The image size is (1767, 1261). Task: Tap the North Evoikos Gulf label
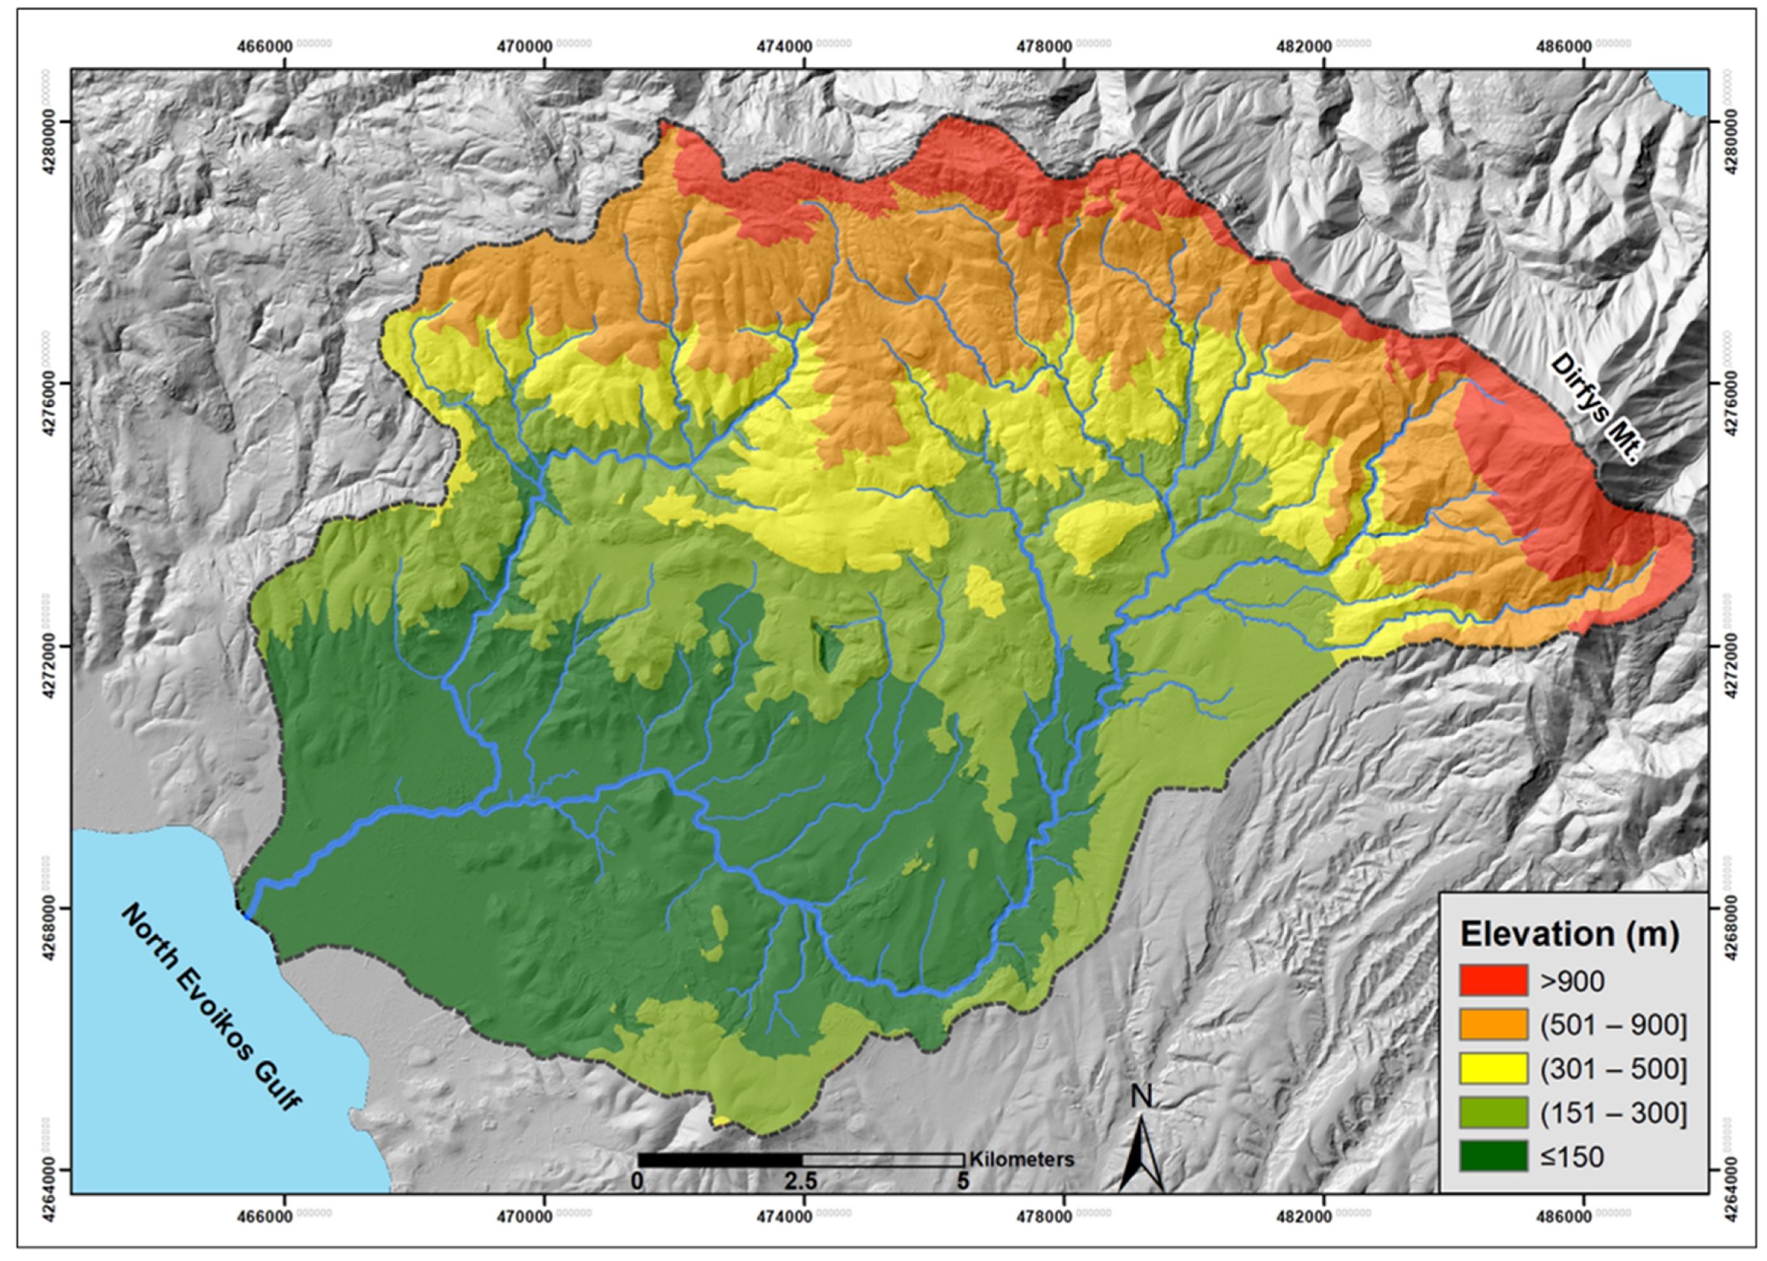pos(211,1007)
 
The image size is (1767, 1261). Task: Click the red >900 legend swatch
pos(1493,981)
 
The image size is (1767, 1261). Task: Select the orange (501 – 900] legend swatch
pos(1493,1025)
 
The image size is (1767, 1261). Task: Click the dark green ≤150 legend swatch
pos(1493,1157)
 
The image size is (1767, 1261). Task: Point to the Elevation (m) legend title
pos(1570,933)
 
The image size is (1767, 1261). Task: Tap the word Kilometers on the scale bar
pos(1021,1160)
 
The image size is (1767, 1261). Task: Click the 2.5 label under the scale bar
pos(801,1181)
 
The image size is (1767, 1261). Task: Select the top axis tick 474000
pos(783,46)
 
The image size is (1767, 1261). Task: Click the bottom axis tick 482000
pos(1301,1216)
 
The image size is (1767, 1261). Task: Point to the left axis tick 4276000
pos(47,383)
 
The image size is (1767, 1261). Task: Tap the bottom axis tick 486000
pos(1561,1216)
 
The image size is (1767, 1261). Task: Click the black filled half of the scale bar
pos(719,1160)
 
